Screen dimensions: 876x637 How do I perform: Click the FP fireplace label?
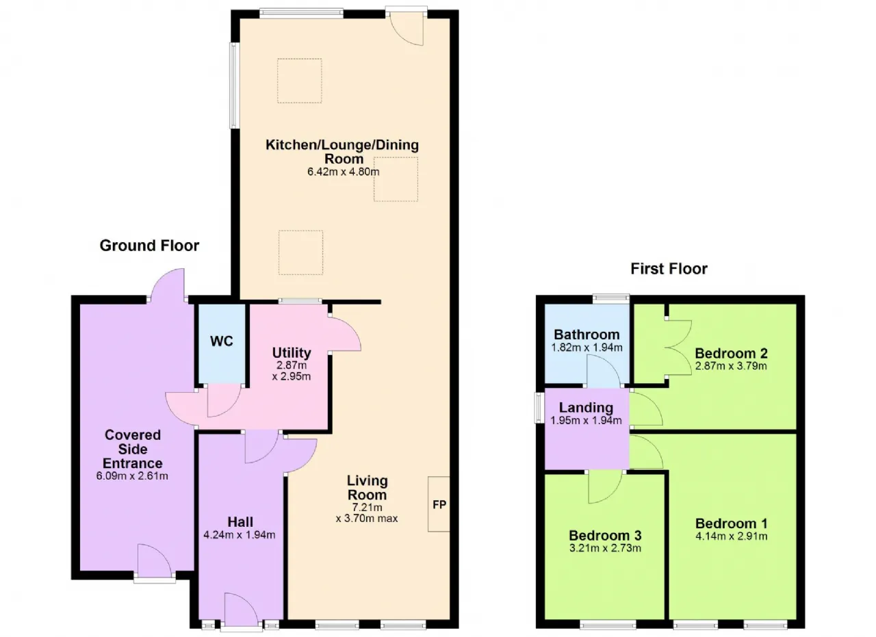pos(439,505)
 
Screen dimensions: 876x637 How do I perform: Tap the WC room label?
pos(221,341)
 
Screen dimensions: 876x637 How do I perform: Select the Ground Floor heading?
pos(149,246)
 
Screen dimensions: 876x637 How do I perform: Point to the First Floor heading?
pos(669,269)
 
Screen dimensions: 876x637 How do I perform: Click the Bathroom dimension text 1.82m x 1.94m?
pos(587,348)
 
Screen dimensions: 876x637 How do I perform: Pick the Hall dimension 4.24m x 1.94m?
pos(240,534)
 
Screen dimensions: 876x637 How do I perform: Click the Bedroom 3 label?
pos(605,535)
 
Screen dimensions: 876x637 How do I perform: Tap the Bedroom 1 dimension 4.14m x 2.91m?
pos(732,536)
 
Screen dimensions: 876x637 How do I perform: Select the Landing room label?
pos(586,408)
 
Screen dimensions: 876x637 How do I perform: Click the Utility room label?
pos(292,353)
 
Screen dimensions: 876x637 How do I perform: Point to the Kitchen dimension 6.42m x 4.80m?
pos(344,172)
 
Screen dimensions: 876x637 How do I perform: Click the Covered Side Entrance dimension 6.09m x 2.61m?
pos(132,476)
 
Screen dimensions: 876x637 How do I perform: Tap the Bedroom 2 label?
pos(732,354)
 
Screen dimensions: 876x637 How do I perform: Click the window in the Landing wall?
pos(540,408)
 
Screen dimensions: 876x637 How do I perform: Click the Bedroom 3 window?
pos(608,625)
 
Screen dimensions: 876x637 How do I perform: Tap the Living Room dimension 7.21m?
pos(367,508)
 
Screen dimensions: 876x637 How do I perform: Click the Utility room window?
pos(300,301)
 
